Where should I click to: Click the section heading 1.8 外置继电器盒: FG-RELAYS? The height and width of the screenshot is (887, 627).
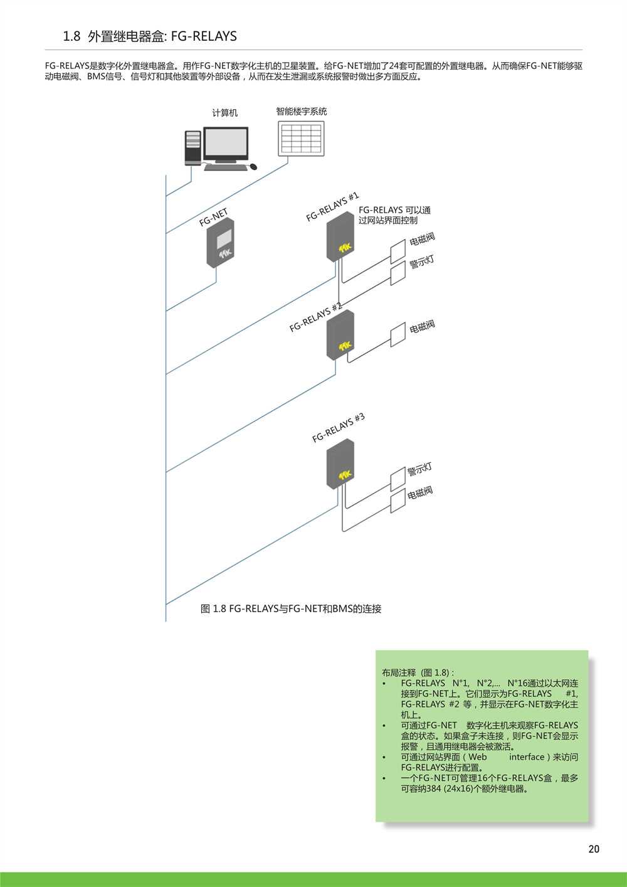pyautogui.click(x=150, y=36)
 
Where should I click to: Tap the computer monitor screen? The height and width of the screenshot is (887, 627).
pyautogui.click(x=226, y=143)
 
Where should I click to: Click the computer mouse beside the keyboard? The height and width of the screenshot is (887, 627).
pyautogui.click(x=253, y=167)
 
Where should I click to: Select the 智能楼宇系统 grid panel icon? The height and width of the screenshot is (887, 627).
pyautogui.click(x=301, y=139)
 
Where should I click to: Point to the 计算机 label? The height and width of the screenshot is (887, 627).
pyautogui.click(x=225, y=113)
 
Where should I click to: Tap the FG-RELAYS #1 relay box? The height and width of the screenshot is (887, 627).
pyautogui.click(x=340, y=236)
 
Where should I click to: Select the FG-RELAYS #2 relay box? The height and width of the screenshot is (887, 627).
pyautogui.click(x=340, y=335)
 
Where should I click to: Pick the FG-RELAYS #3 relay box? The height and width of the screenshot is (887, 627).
pyautogui.click(x=340, y=464)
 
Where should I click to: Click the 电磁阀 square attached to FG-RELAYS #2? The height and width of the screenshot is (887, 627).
pyautogui.click(x=398, y=334)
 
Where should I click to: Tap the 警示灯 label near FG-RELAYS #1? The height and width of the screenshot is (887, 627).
pyautogui.click(x=422, y=262)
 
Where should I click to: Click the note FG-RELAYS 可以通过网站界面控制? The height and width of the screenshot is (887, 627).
pyautogui.click(x=394, y=215)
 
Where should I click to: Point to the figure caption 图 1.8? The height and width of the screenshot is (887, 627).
pyautogui.click(x=291, y=608)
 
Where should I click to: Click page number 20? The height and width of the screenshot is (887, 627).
pyautogui.click(x=594, y=849)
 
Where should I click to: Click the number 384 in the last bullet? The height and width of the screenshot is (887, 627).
pyautogui.click(x=434, y=789)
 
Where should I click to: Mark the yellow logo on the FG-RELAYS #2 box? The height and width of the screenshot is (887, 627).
pyautogui.click(x=345, y=346)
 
